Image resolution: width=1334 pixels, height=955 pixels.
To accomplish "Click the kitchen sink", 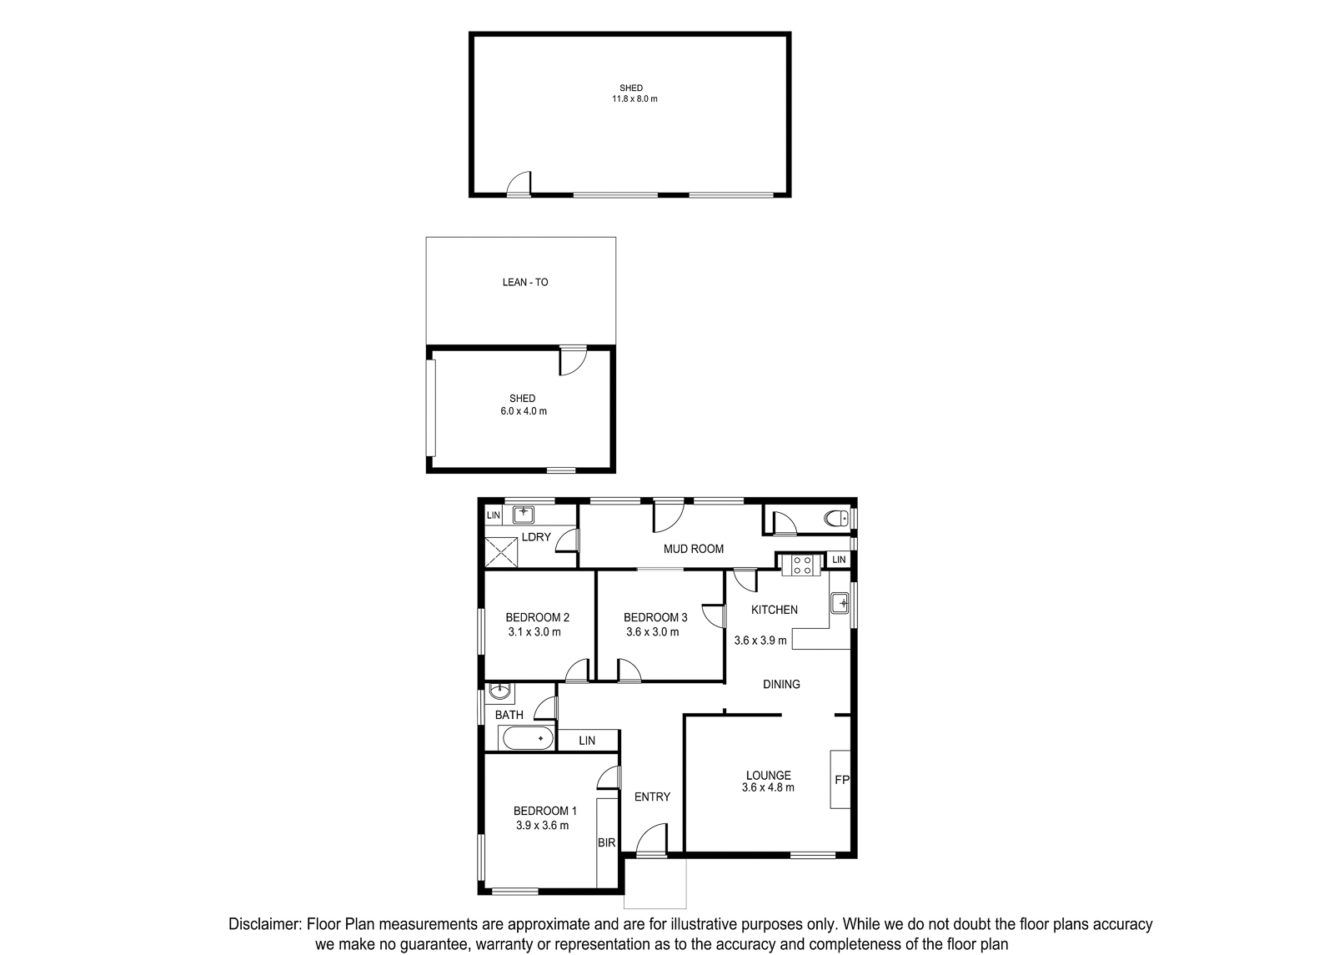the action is [x=840, y=603].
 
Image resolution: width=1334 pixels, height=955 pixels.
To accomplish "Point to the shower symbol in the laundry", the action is [x=501, y=552].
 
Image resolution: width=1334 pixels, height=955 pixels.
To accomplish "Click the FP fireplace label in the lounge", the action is [x=841, y=779].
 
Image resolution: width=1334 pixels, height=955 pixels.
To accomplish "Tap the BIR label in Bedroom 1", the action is [x=606, y=843].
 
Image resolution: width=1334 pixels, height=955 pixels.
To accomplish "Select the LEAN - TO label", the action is [x=525, y=283].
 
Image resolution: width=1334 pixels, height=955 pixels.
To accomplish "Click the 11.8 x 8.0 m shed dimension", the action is [x=634, y=99].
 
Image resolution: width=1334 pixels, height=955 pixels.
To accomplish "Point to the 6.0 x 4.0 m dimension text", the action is [x=524, y=411].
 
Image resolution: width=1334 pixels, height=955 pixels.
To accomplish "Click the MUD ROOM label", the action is [x=693, y=549].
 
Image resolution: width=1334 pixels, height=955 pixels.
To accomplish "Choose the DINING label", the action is [x=781, y=684].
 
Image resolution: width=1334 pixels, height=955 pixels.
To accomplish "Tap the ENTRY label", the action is [x=652, y=797].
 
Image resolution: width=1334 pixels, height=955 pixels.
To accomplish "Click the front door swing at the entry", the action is [x=651, y=839].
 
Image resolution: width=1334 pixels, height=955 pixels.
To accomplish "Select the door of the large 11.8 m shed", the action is [x=519, y=183].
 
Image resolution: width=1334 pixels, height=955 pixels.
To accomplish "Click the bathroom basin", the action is [x=499, y=691].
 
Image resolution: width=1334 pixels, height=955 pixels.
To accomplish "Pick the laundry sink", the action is [x=524, y=514].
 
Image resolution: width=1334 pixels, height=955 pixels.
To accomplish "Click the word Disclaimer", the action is [x=264, y=924].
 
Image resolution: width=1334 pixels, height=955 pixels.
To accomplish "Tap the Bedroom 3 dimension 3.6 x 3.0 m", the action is [x=652, y=632].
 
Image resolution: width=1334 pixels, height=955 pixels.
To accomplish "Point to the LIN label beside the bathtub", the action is [x=587, y=741].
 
